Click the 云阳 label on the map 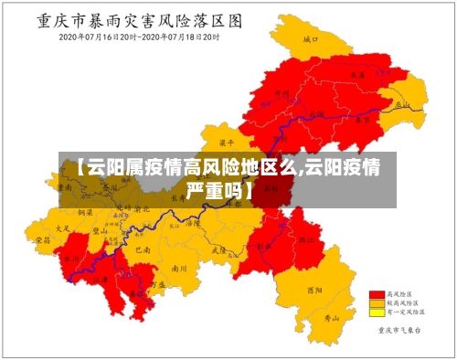point(317,114)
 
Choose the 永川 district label point(72,259)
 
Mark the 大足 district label point(63,228)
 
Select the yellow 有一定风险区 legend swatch point(375,312)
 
